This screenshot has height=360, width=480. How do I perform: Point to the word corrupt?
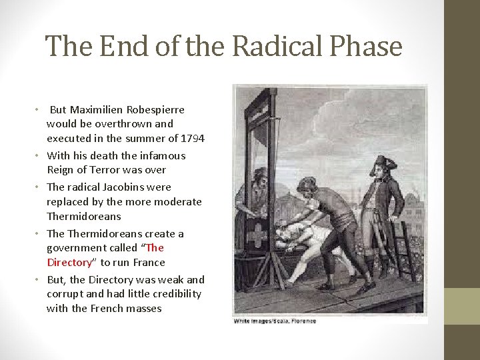(x=63, y=294)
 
